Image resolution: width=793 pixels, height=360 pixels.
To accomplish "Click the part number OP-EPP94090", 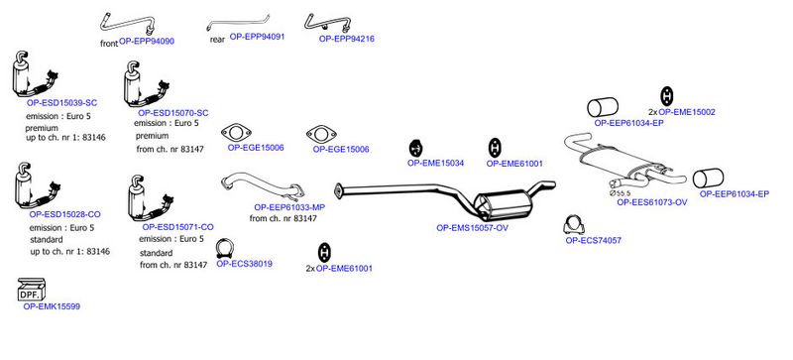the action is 147,42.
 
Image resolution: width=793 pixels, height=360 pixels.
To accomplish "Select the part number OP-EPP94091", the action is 258,37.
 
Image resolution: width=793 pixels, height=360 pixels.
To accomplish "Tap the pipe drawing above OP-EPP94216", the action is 327,23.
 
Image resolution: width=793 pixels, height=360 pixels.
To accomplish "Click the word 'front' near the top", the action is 109,44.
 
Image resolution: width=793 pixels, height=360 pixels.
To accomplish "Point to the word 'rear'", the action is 217,40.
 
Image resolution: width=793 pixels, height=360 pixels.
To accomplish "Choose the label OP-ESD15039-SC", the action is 61,103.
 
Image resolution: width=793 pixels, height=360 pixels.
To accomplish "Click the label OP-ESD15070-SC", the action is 172,113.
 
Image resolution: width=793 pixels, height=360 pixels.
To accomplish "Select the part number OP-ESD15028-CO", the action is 64,214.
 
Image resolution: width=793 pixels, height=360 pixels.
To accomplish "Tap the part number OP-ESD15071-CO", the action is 178,227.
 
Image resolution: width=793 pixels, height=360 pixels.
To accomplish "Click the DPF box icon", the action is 32,290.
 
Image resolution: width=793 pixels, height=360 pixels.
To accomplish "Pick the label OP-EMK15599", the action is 52,306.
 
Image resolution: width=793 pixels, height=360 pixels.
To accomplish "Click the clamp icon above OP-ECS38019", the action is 225,248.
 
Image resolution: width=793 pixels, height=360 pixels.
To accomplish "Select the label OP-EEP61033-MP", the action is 289,207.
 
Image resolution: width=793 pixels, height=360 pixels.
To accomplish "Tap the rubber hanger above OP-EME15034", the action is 415,149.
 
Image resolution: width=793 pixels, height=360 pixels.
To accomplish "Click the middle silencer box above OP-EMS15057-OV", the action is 504,204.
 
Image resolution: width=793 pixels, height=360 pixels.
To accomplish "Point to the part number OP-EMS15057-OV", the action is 473,228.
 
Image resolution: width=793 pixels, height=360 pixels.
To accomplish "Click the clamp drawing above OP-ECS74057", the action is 574,225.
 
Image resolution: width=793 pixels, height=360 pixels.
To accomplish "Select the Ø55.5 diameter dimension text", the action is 621,193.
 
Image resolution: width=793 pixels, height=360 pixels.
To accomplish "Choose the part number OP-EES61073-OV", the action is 652,202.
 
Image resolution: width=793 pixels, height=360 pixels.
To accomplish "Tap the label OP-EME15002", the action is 687,112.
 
